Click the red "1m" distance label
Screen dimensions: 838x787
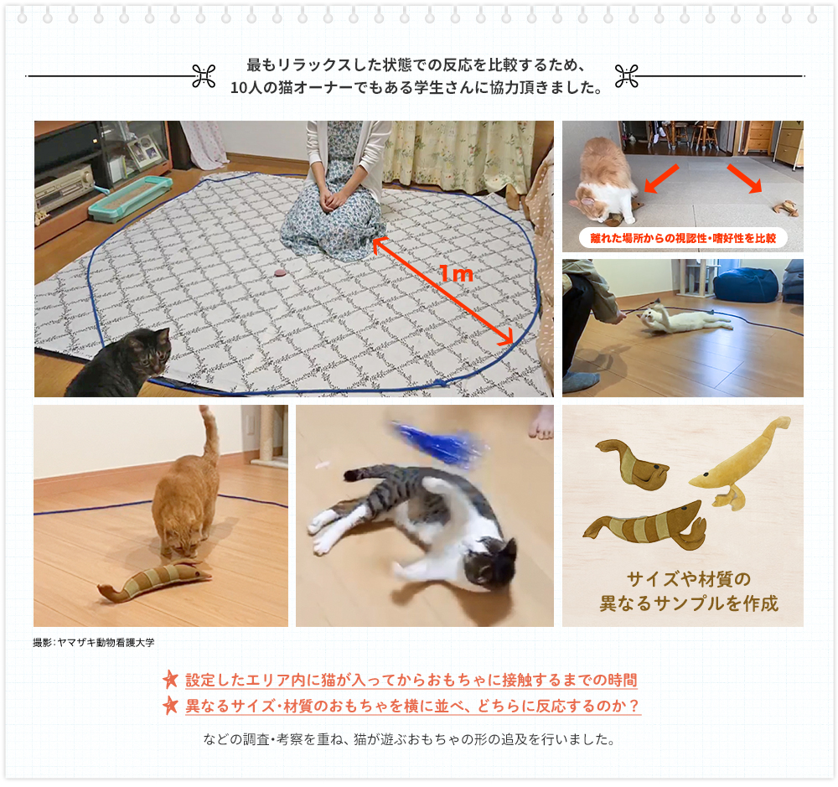click(457, 274)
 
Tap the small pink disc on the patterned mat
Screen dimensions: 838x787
click(281, 273)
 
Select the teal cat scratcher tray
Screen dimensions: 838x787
click(131, 198)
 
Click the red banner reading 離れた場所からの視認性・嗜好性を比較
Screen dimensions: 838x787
click(682, 238)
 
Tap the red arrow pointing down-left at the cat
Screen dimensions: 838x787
click(661, 179)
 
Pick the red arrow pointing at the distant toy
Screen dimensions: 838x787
click(744, 178)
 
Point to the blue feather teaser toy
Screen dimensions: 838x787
click(441, 443)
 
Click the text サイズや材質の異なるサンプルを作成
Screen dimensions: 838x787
click(688, 592)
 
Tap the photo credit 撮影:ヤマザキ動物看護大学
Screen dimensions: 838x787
click(94, 643)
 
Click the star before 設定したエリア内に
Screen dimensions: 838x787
click(170, 680)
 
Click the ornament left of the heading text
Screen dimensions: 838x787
click(204, 76)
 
